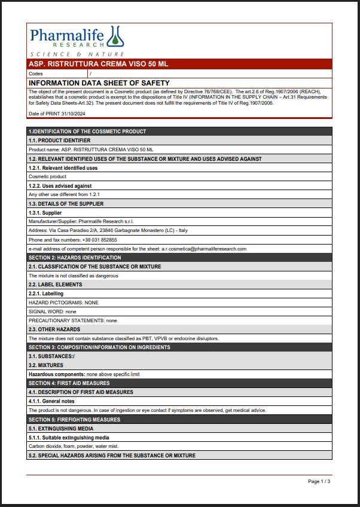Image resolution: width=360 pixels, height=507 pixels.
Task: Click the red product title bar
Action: coord(179,63)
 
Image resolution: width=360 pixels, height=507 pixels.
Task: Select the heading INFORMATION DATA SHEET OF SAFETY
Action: coord(99,83)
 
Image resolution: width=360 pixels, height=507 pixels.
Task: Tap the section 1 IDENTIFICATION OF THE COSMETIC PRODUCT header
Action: coord(87,132)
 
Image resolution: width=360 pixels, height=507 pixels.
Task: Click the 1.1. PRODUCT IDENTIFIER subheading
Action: coord(59,141)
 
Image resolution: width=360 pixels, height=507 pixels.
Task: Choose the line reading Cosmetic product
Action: coord(47,177)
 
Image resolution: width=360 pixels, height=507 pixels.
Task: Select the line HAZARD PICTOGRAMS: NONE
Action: coord(63,303)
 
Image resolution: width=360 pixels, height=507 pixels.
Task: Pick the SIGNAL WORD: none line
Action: coord(53,311)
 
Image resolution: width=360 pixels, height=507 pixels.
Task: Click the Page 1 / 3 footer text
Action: coord(319,481)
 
